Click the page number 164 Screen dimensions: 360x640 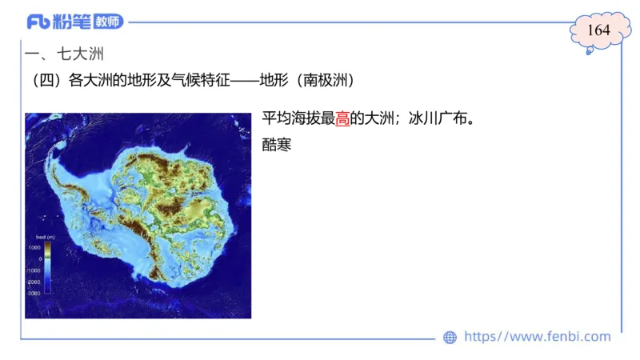599,30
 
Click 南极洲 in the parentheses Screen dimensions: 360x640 326,81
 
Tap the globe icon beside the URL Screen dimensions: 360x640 450,338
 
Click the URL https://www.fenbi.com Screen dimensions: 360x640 537,337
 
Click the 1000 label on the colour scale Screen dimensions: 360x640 35,247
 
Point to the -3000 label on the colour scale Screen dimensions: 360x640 34,294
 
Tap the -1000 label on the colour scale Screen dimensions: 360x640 34,270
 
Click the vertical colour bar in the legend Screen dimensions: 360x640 48,270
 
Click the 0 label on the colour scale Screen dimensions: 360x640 40,259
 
